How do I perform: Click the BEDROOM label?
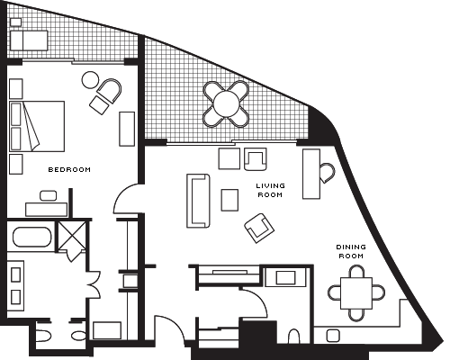tap(69, 169)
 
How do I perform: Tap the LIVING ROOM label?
tap(270, 190)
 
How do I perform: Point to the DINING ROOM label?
tap(351, 251)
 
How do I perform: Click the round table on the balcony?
tap(226, 104)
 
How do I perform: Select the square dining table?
tap(356, 293)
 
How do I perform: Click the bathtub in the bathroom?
tap(32, 237)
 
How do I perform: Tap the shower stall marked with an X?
tap(72, 236)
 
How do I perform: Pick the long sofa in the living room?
tap(198, 201)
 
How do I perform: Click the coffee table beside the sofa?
tap(229, 200)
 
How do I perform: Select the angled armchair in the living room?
tap(259, 228)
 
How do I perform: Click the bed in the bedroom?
tap(37, 126)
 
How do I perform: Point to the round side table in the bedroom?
tap(90, 80)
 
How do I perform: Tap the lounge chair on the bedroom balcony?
tap(29, 40)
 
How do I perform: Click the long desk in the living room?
tap(311, 174)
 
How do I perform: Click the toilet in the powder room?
tap(294, 337)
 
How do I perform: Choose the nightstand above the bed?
tap(16, 89)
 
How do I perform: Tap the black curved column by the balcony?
tap(322, 126)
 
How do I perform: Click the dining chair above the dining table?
tap(356, 272)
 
